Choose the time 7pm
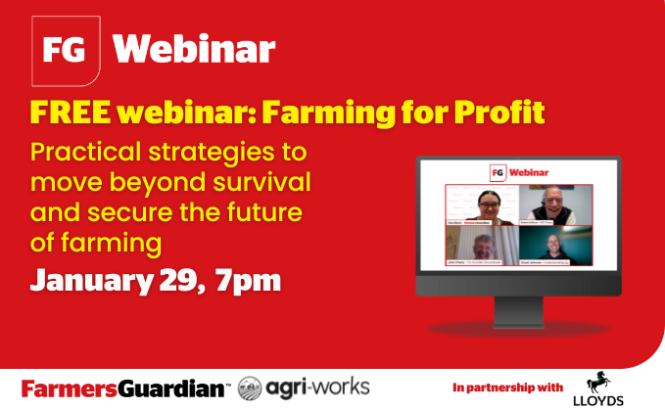click(x=252, y=279)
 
